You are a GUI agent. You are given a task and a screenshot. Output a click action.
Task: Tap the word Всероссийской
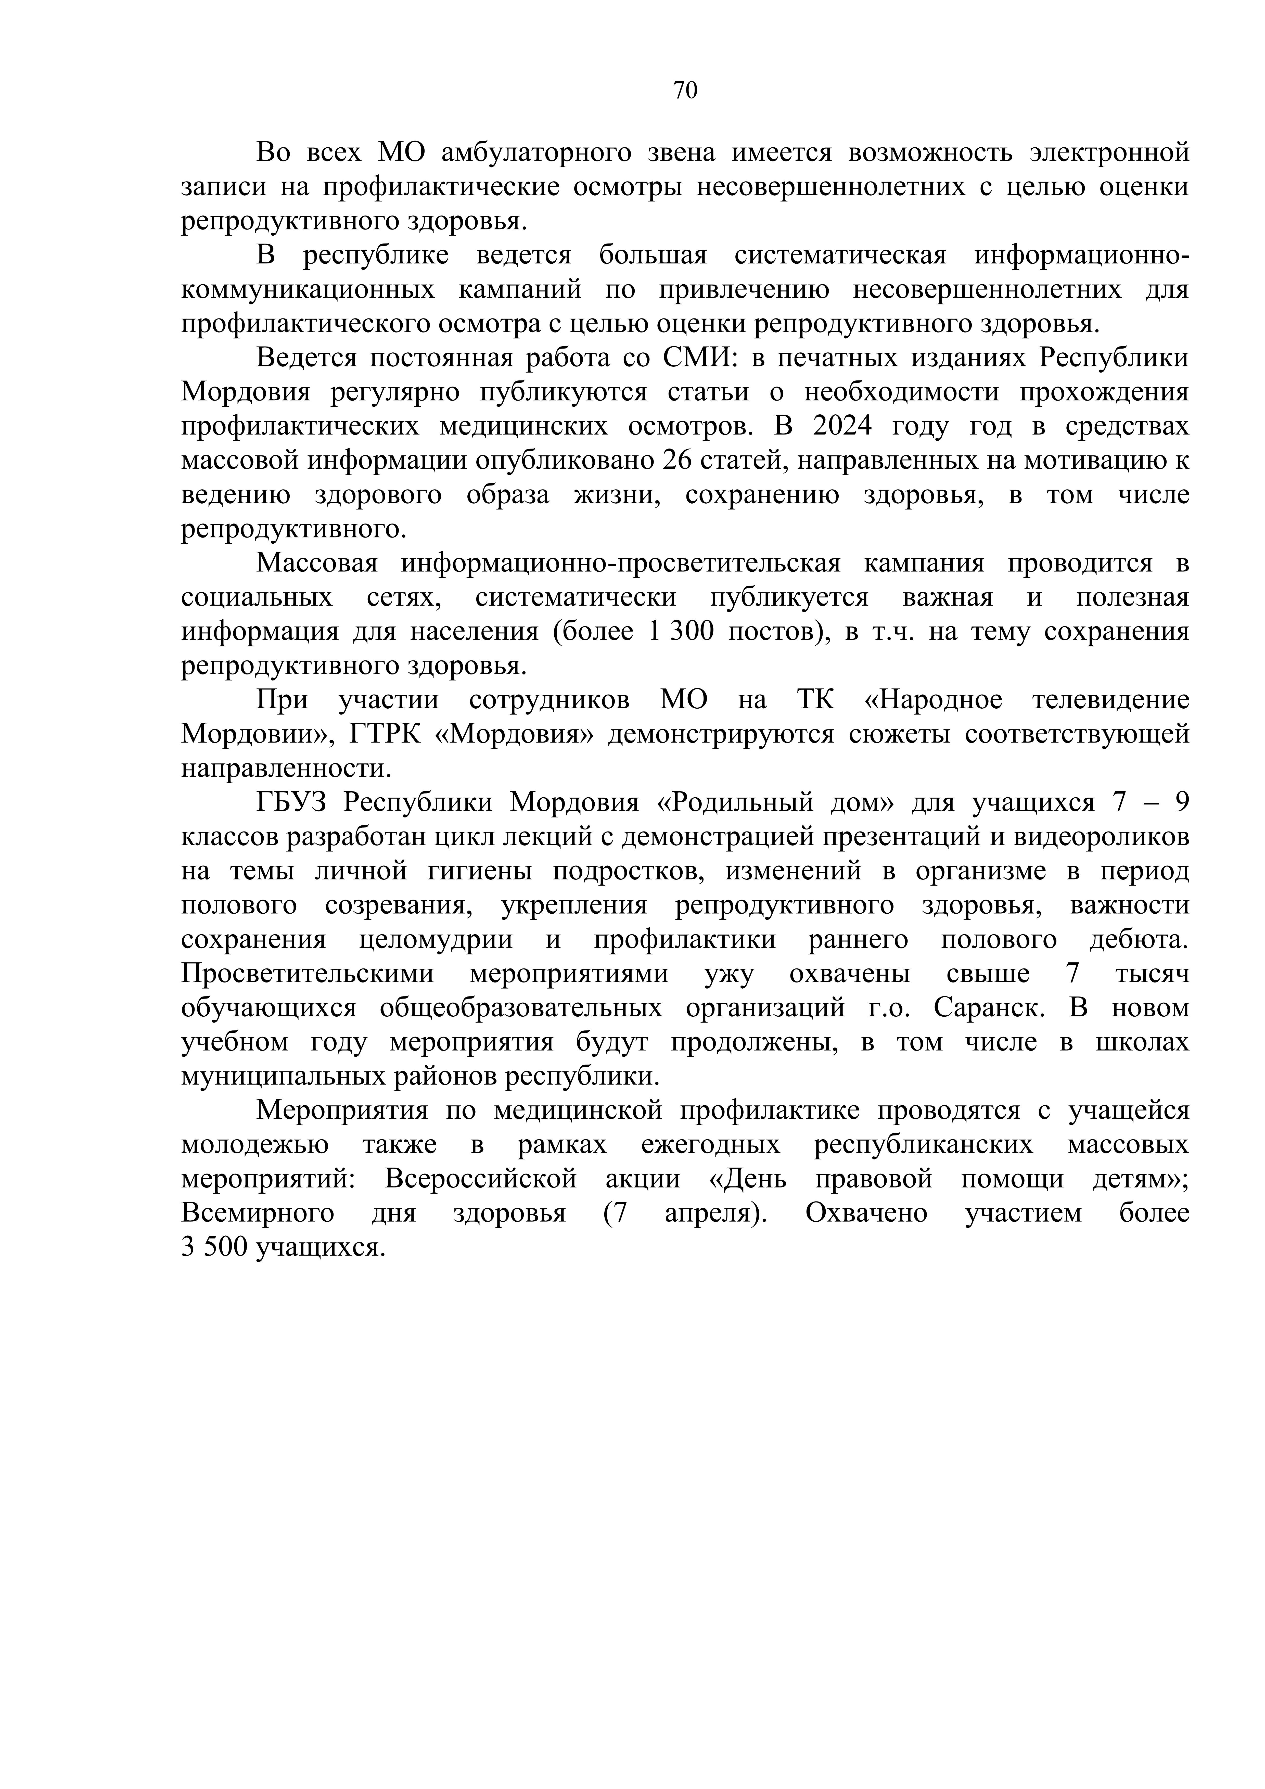481,1179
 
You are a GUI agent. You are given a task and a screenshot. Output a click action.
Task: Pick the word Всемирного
258,1213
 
